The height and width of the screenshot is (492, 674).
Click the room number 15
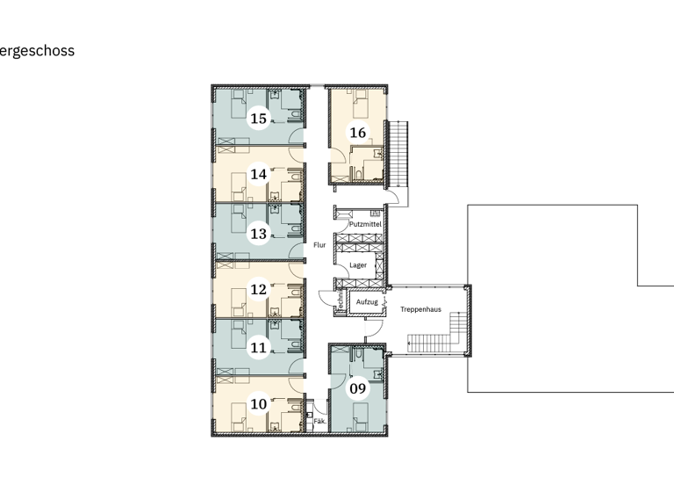258,118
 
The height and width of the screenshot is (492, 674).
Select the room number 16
357,133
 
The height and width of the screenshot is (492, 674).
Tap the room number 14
258,174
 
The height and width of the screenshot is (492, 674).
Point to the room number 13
258,234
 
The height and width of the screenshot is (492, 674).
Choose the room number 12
258,289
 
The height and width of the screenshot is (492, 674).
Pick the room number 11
258,348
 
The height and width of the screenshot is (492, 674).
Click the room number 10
258,404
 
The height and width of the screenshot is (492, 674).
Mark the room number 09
357,387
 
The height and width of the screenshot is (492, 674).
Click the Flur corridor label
319,245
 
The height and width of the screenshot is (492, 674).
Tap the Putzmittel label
364,225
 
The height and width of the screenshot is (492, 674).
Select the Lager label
357,264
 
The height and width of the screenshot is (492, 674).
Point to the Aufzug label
368,301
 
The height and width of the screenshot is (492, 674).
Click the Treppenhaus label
420,309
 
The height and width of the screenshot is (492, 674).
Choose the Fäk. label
319,423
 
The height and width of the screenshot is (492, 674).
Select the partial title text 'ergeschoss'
37,51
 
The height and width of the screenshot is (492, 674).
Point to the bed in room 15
237,108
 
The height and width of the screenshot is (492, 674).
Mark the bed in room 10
237,412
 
